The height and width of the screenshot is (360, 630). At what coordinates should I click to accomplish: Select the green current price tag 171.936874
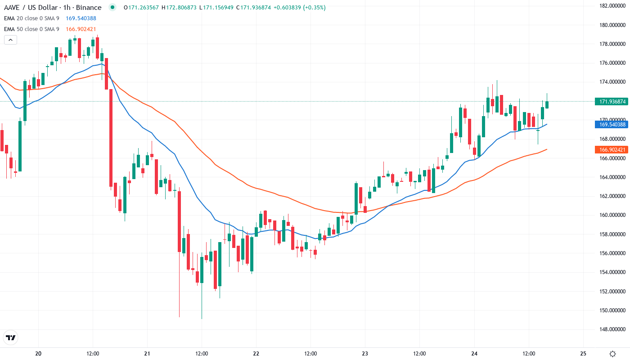pyautogui.click(x=611, y=102)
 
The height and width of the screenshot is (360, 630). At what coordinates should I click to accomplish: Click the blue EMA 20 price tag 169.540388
pyautogui.click(x=611, y=124)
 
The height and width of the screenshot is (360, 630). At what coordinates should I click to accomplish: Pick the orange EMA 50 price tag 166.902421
pyautogui.click(x=611, y=149)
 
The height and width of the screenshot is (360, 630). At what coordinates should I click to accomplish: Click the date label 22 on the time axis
pyautogui.click(x=256, y=354)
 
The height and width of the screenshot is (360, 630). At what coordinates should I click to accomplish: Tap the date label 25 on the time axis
pyautogui.click(x=583, y=354)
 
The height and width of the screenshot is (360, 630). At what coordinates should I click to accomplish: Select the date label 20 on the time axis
pyautogui.click(x=38, y=354)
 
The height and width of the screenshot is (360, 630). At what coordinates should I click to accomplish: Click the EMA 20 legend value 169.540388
pyautogui.click(x=81, y=18)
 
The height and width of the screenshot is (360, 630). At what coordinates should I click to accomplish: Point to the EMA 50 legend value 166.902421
pyautogui.click(x=81, y=29)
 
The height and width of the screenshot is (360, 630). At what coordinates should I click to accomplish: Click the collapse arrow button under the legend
pyautogui.click(x=10, y=40)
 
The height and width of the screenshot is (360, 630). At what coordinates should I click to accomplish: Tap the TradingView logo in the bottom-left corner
pyautogui.click(x=11, y=337)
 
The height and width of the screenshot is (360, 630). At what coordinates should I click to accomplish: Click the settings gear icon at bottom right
pyautogui.click(x=612, y=354)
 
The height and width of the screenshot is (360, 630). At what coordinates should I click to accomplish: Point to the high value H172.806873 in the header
pyautogui.click(x=180, y=8)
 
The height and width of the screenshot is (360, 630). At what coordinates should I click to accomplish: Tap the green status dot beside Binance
pyautogui.click(x=112, y=7)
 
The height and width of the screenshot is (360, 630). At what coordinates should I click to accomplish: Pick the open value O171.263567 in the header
pyautogui.click(x=141, y=8)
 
